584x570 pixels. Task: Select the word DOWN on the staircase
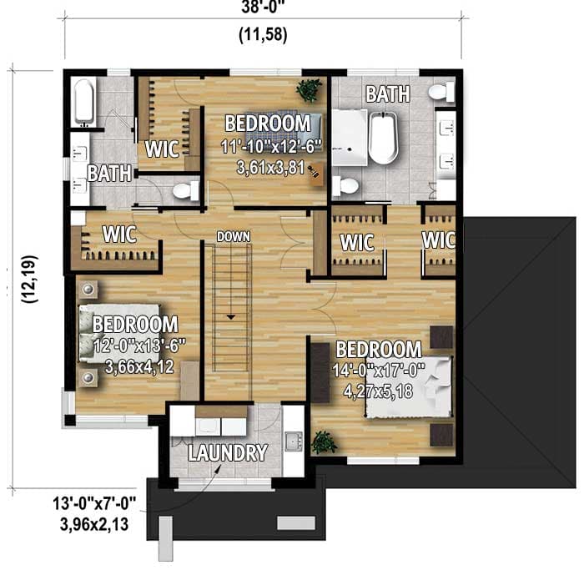(233, 237)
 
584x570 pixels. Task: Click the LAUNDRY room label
(227, 453)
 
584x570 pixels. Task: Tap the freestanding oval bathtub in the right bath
(385, 139)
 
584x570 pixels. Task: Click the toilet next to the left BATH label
(186, 191)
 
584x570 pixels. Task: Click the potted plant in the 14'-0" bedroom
(324, 441)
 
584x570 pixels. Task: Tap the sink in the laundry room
(292, 441)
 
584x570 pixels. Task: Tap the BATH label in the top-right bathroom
(388, 93)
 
